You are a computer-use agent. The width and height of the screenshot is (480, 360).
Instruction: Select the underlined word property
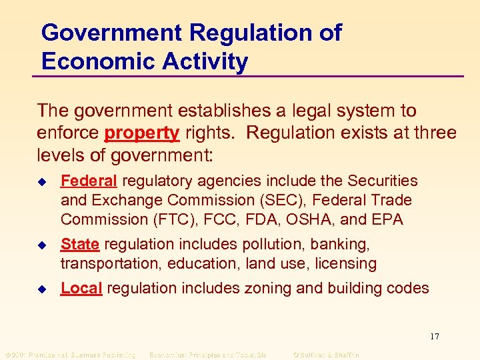click(x=141, y=133)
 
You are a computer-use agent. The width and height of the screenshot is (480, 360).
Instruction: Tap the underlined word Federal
click(x=89, y=181)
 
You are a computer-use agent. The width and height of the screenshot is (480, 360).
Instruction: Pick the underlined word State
click(x=80, y=245)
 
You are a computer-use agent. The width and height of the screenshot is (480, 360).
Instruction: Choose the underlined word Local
click(x=81, y=288)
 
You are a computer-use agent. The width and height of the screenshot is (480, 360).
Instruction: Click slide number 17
click(x=435, y=337)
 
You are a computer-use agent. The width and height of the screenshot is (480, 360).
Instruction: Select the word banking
click(x=343, y=245)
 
